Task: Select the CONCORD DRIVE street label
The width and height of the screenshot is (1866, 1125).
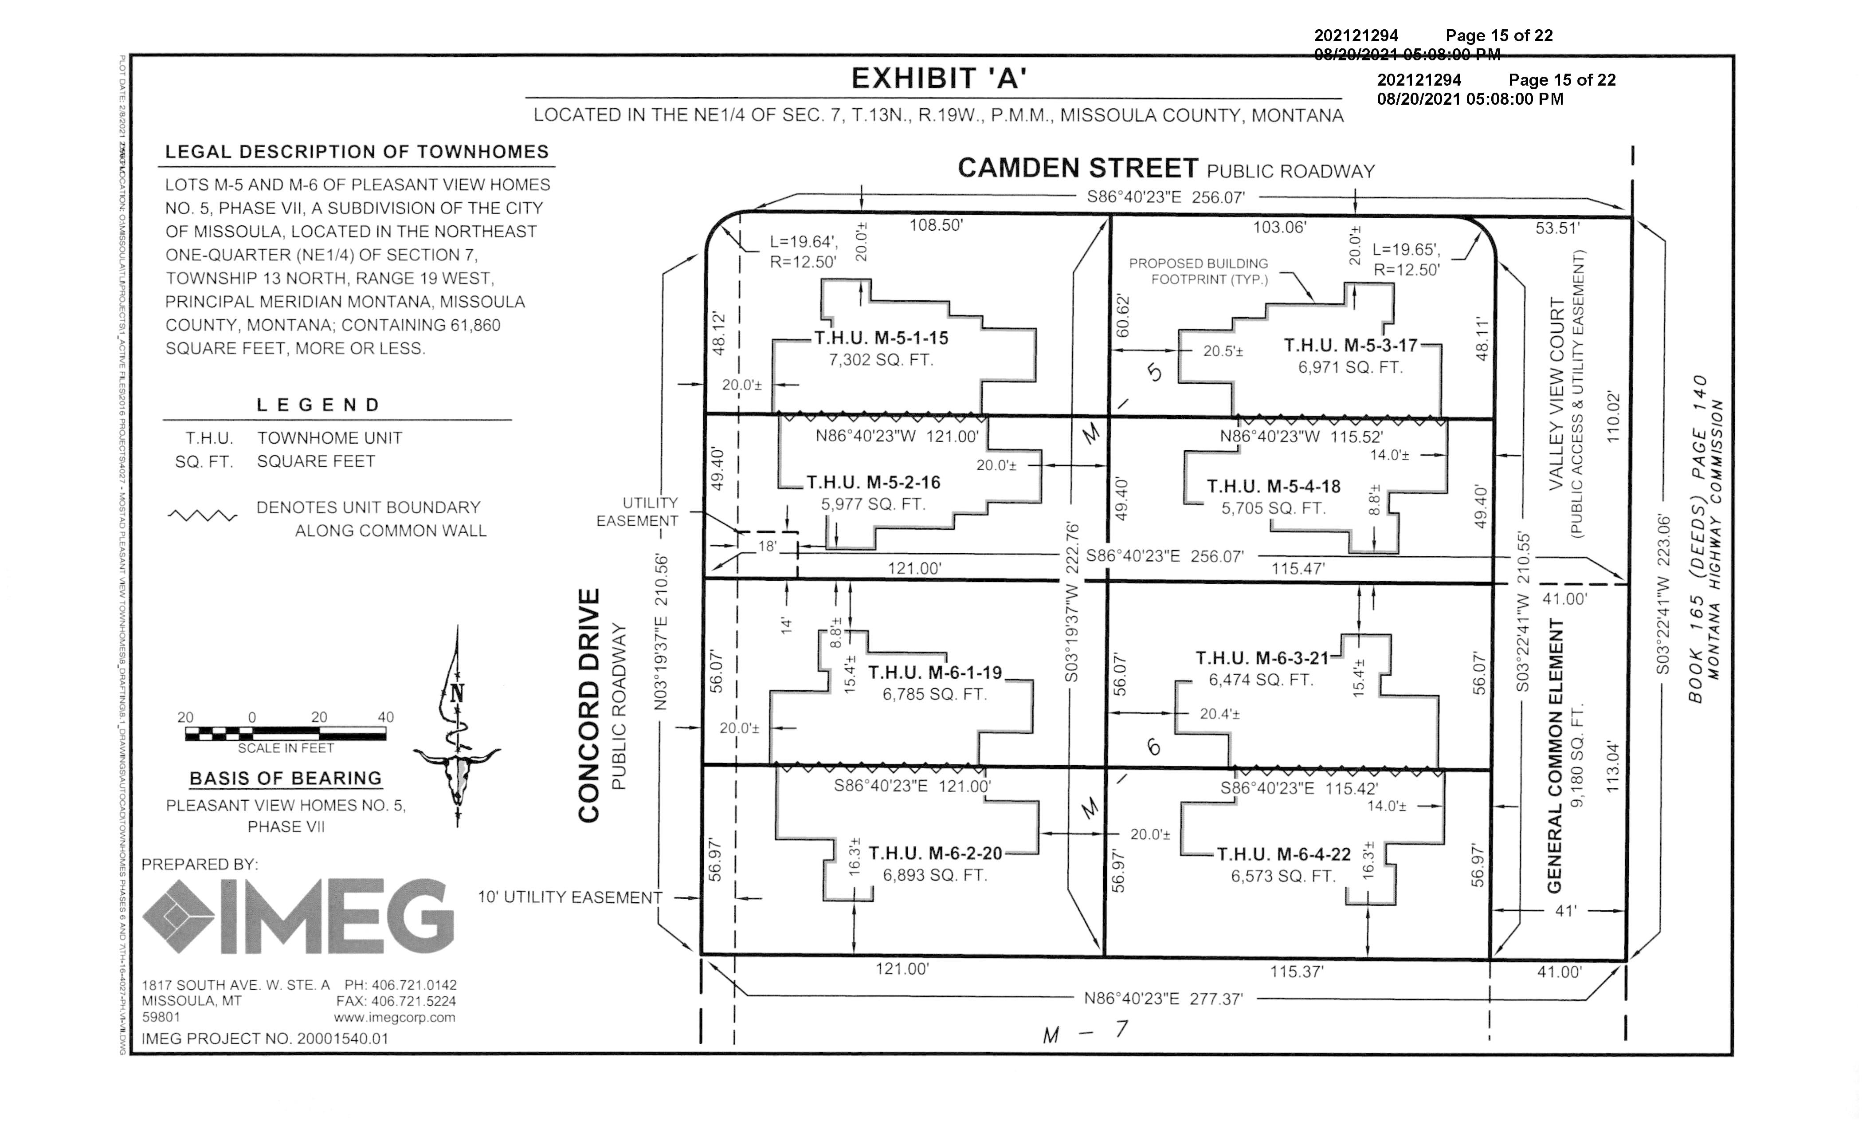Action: pyautogui.click(x=589, y=704)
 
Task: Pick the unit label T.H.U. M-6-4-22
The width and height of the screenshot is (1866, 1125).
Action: pyautogui.click(x=1284, y=854)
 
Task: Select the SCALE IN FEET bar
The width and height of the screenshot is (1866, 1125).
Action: pyautogui.click(x=286, y=733)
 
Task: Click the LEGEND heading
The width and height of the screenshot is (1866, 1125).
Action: pyautogui.click(x=318, y=405)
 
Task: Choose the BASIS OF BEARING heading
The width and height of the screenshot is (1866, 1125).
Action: pyautogui.click(x=286, y=779)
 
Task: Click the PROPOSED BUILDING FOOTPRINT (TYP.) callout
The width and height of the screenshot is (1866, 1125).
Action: pyautogui.click(x=1198, y=271)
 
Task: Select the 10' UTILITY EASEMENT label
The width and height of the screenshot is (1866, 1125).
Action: pyautogui.click(x=569, y=898)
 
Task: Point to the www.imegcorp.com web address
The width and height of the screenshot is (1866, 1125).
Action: pyautogui.click(x=395, y=1018)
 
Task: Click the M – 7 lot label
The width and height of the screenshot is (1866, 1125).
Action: pyautogui.click(x=1085, y=1032)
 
